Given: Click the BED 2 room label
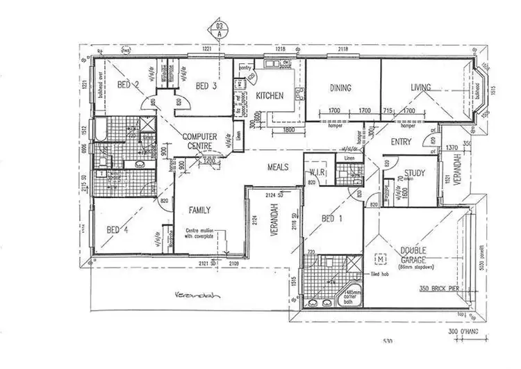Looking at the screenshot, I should (x=129, y=85).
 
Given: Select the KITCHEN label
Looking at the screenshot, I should (x=269, y=96).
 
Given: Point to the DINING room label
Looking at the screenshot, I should (x=340, y=88).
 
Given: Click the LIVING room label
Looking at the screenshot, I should (x=420, y=88).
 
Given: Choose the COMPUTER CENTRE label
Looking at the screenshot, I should (x=200, y=141).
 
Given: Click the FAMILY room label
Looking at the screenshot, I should (x=199, y=210).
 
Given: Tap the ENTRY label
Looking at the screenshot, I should (x=401, y=142).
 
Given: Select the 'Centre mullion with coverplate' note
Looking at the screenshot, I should (x=203, y=235).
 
